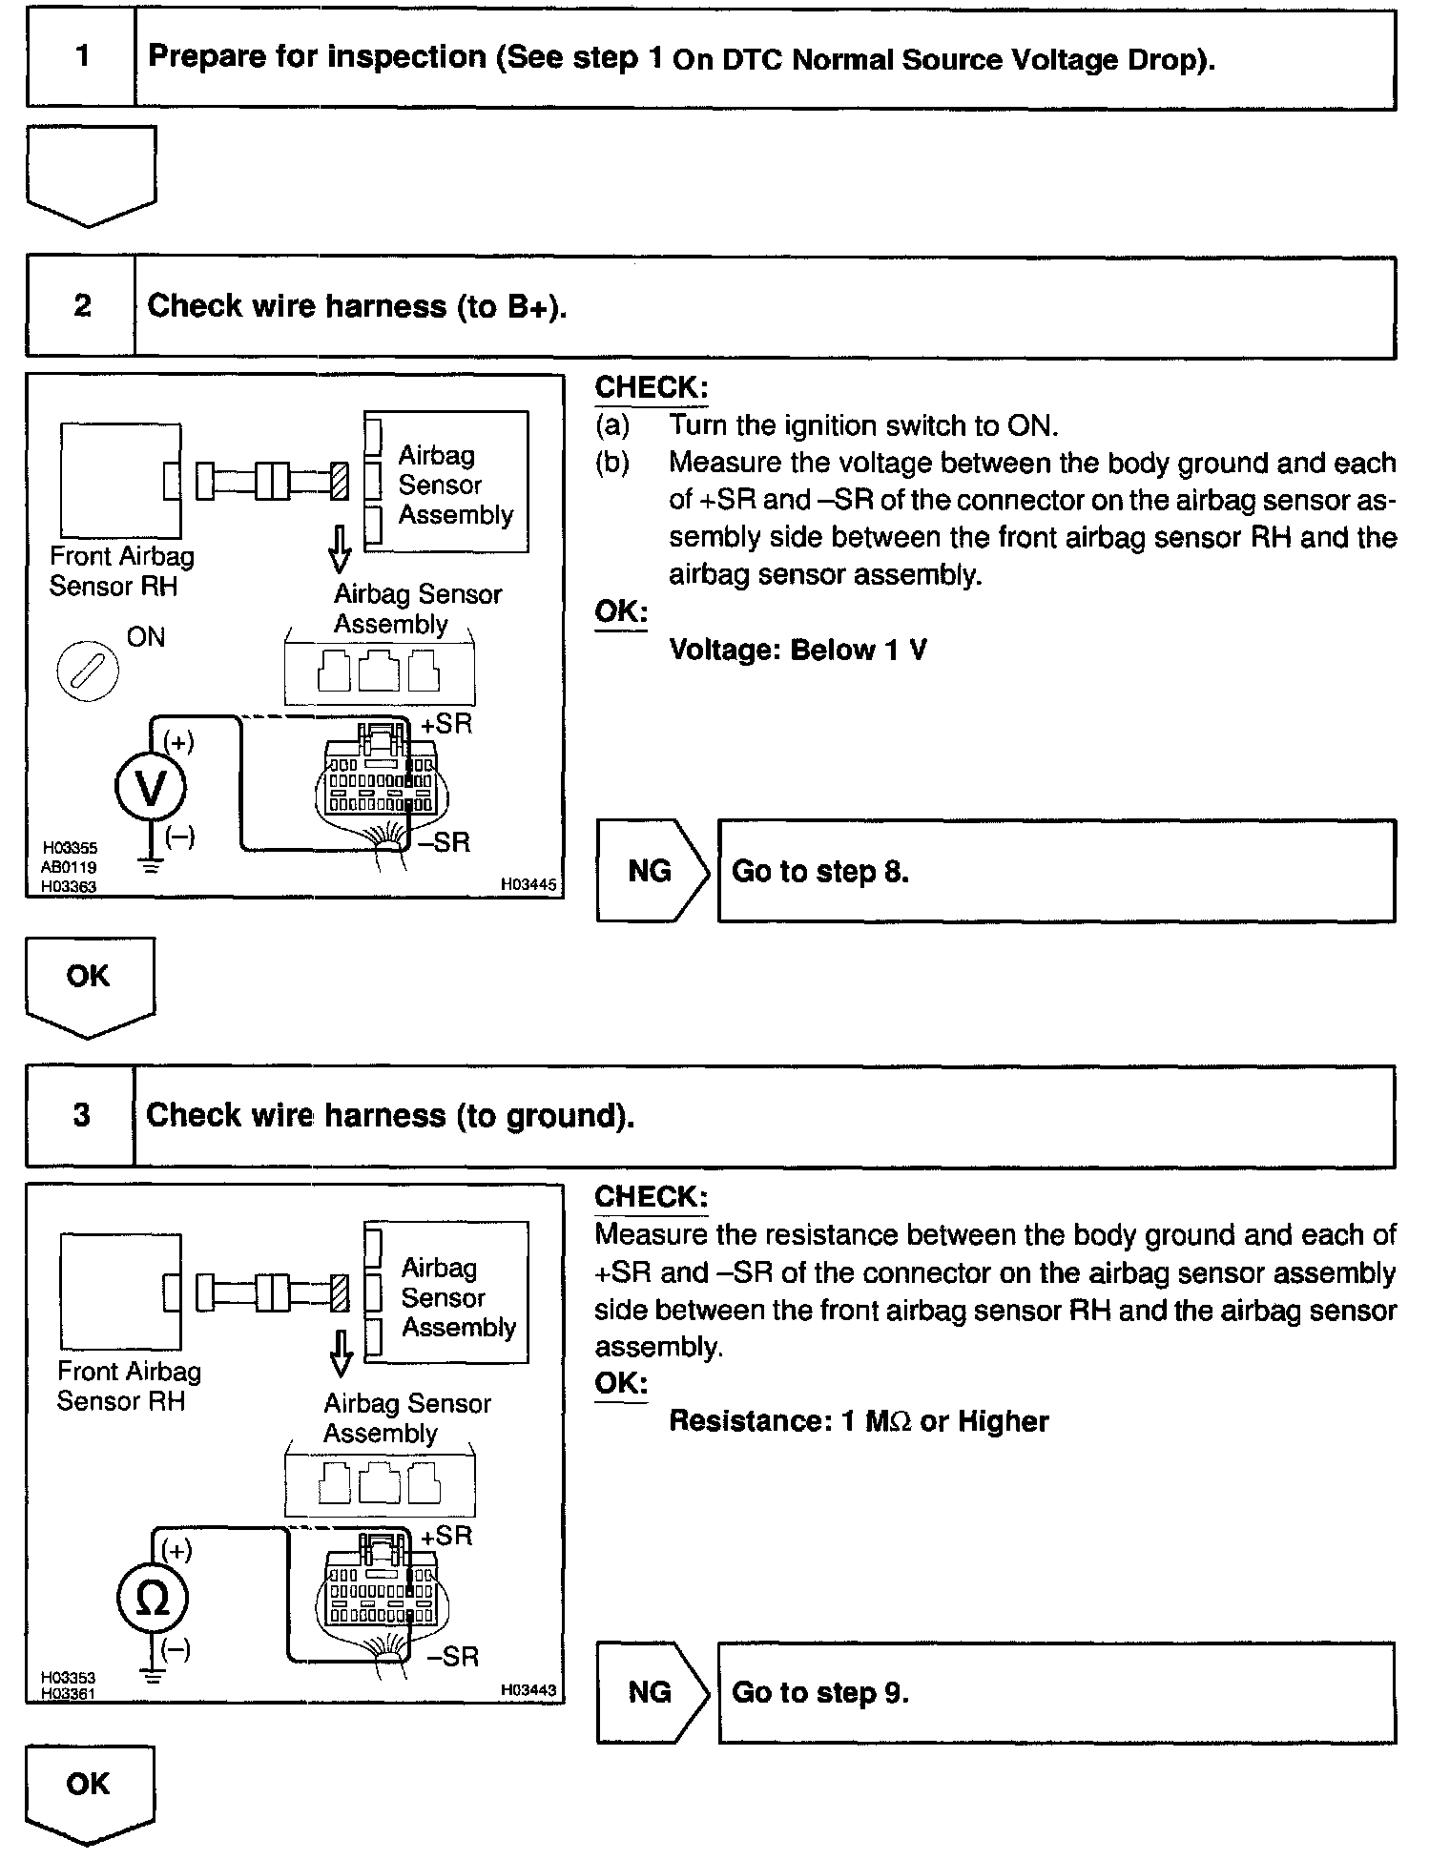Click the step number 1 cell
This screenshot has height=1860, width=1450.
[82, 57]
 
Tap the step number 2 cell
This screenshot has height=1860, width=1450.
[82, 306]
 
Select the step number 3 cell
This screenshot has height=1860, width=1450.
[82, 1115]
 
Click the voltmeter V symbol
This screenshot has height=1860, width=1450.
[151, 788]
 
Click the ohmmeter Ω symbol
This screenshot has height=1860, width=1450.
[151, 1599]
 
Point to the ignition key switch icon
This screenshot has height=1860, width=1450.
[88, 671]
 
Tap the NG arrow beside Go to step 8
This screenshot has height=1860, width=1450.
[651, 871]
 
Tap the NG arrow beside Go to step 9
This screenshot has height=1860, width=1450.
[651, 1692]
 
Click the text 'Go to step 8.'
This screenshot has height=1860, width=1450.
[820, 872]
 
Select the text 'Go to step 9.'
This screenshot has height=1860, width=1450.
[820, 1692]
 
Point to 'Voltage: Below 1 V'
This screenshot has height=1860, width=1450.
[797, 651]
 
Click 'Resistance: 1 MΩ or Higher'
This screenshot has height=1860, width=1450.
[859, 1421]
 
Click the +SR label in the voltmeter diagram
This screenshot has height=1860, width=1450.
[446, 724]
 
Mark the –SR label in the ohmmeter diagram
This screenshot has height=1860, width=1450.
[453, 1656]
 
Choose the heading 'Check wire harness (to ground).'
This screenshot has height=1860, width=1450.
[390, 1115]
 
